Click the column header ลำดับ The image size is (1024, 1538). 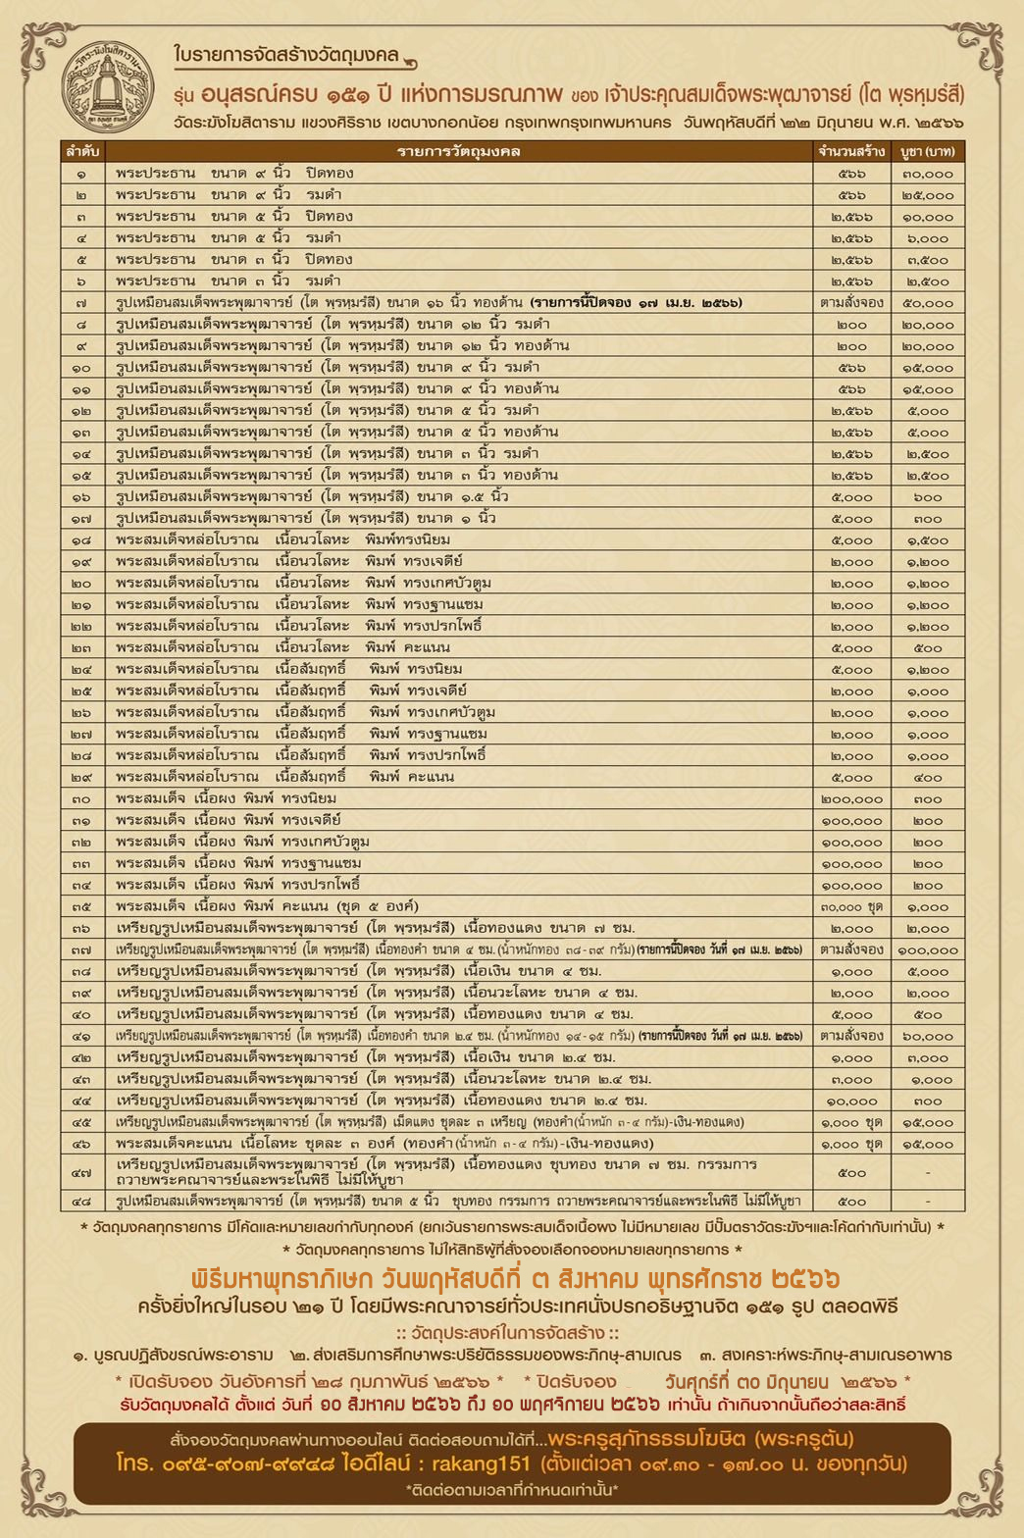(x=82, y=151)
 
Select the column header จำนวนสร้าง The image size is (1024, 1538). (x=851, y=151)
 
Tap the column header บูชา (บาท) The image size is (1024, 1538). (x=928, y=151)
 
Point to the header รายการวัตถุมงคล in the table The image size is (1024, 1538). (x=458, y=151)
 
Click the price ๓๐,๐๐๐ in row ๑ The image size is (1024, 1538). (x=928, y=174)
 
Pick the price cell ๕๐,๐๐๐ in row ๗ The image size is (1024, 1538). (x=928, y=303)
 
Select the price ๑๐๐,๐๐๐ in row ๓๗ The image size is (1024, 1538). (x=928, y=950)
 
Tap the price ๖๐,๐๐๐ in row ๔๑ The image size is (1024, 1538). (x=928, y=1037)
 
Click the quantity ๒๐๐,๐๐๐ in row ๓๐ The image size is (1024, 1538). (x=851, y=799)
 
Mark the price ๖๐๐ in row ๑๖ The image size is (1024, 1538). (x=928, y=497)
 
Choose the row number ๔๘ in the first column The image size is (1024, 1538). (x=82, y=1202)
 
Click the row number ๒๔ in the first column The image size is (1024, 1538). (x=82, y=670)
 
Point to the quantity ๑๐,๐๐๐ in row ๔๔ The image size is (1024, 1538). (x=851, y=1102)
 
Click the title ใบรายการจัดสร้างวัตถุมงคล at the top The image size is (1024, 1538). (x=284, y=55)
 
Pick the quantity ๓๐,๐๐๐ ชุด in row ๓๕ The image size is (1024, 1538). (x=851, y=907)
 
